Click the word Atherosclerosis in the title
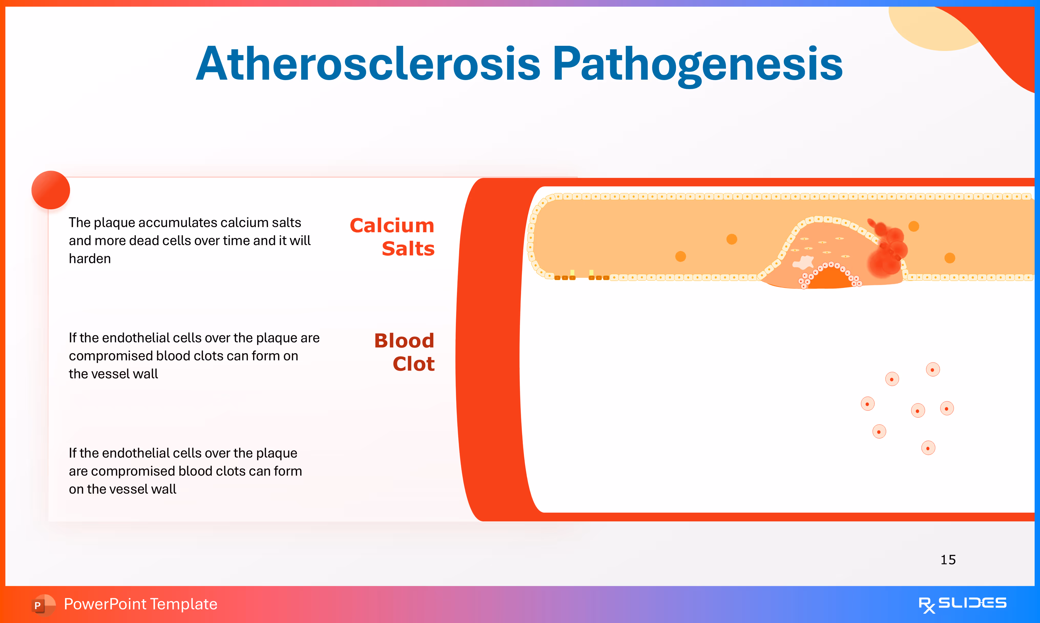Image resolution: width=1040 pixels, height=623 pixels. coord(368,64)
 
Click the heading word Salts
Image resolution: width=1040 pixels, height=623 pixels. coord(408,248)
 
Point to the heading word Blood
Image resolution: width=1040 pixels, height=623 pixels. coord(404,340)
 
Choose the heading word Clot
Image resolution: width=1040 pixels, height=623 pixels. coord(413,364)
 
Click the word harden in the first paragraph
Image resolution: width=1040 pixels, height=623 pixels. coord(90,259)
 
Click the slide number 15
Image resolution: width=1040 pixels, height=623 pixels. coord(948,560)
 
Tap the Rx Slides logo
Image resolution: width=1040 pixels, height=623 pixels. coord(962,605)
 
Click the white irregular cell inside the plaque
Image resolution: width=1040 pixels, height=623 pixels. coord(803,263)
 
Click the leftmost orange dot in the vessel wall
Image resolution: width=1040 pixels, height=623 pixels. coord(681,256)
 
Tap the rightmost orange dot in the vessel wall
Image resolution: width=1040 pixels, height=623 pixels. coord(950,258)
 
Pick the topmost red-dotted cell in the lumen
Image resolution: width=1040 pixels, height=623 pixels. coord(933,369)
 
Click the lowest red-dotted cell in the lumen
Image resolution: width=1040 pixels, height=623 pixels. coord(928,448)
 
